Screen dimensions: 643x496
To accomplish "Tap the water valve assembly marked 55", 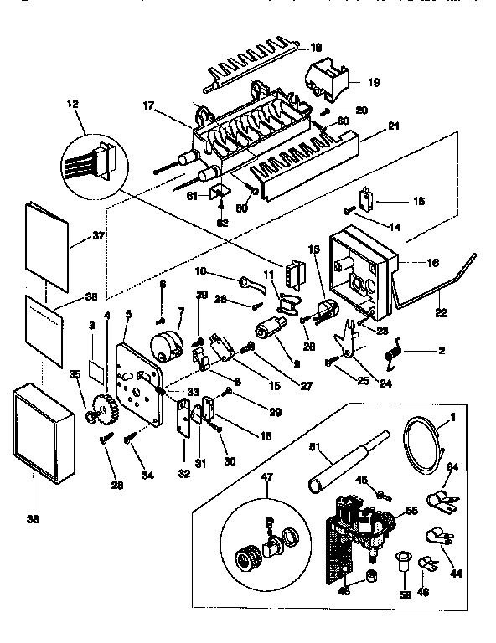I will point(360,523).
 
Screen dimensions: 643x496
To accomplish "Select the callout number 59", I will point(407,598).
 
